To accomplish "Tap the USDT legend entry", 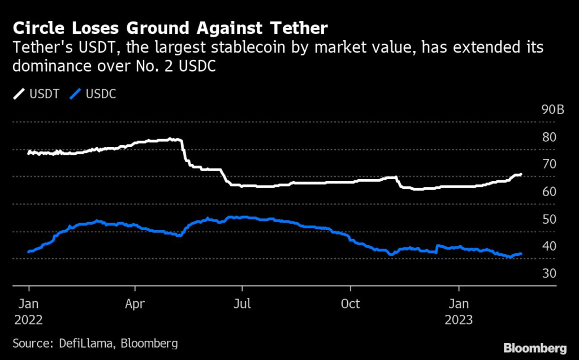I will [37, 94].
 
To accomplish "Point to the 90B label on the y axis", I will [552, 110].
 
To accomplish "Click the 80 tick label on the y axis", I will [549, 137].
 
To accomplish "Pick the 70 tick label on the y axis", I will [549, 164].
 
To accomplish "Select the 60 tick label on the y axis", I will [549, 192].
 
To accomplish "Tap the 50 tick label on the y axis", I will [549, 219].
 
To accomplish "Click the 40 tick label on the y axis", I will [549, 246].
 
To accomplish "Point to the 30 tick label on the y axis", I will [549, 274].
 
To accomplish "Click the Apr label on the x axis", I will [136, 303].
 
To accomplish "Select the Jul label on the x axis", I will [243, 303].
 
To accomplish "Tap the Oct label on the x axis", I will [351, 303].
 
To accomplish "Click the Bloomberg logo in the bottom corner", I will [535, 346].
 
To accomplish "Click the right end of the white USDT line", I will [521, 175].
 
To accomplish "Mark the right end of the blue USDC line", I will [521, 254].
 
